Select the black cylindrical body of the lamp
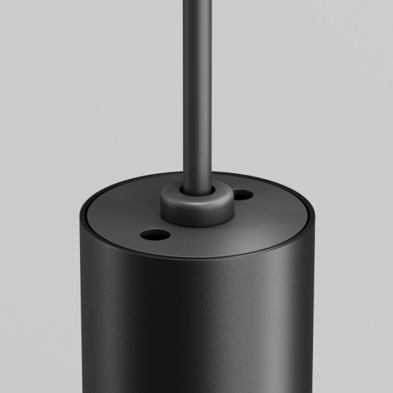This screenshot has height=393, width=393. pos(200,314)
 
